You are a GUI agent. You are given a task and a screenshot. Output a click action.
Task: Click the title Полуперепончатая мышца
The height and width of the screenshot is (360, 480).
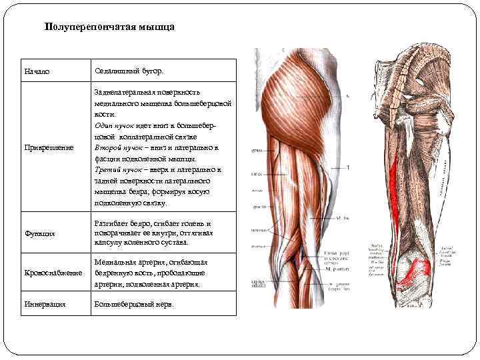coord(109,27)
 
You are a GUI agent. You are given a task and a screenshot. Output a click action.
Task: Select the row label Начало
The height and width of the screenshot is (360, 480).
coord(37,71)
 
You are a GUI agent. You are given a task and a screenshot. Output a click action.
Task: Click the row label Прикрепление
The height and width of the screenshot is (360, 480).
coord(49,147)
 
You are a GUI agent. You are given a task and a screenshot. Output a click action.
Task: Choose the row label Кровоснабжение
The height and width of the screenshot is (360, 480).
coord(53,273)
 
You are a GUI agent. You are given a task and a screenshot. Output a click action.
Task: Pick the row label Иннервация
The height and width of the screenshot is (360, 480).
coord(45,305)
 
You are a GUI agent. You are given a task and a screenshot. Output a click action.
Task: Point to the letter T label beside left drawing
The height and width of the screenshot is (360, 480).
coord(347,167)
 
